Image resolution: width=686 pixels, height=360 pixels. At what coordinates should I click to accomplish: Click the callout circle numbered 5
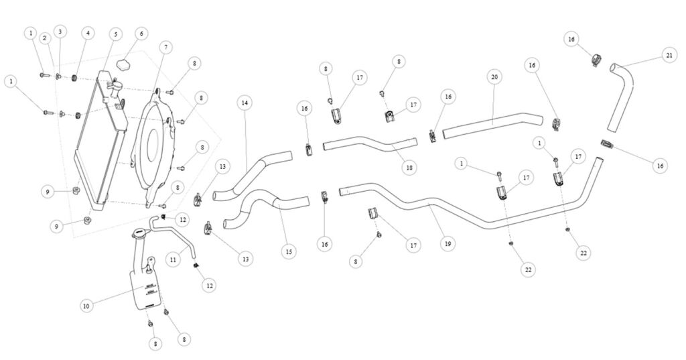point(115,34)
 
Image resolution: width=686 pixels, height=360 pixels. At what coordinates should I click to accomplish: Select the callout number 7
point(165,47)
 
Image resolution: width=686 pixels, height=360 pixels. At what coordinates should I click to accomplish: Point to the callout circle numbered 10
point(86,306)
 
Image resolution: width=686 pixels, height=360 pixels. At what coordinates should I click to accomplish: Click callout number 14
point(245,103)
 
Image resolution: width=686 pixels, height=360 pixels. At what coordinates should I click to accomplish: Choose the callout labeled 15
point(288,252)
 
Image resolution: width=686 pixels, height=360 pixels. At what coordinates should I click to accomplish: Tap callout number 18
point(409,168)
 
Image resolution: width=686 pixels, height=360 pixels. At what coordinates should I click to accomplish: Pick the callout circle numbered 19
point(448,245)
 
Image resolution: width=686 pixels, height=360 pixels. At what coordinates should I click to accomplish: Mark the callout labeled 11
point(173,258)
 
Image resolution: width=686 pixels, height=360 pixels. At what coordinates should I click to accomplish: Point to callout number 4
point(87,32)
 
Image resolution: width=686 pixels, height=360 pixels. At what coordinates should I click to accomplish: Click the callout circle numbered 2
point(45,38)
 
